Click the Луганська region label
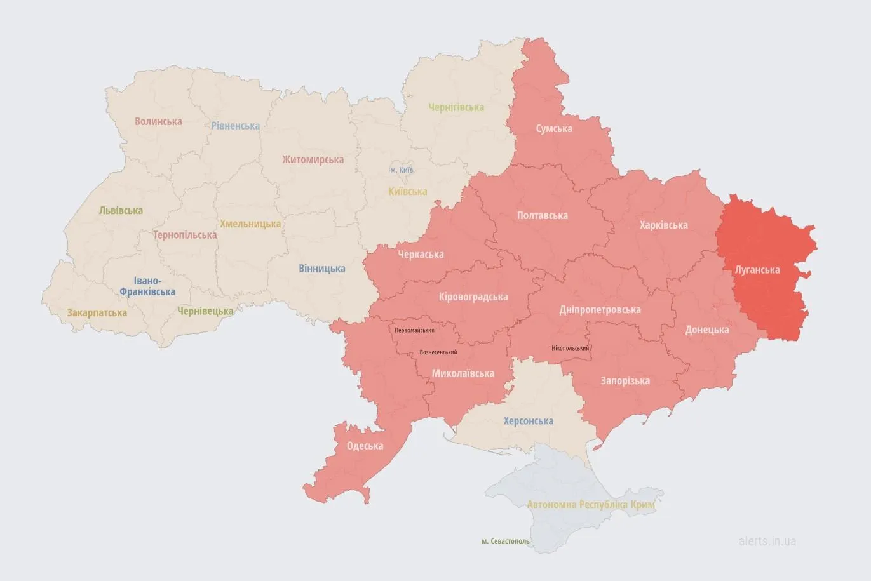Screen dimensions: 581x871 757,269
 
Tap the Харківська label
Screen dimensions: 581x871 663,225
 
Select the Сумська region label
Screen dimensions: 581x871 553,128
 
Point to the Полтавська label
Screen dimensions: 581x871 542,215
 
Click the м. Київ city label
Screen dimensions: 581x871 402,170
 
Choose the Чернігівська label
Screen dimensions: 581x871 456,107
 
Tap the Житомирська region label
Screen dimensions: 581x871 313,159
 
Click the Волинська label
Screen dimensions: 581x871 158,121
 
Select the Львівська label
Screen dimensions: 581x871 121,210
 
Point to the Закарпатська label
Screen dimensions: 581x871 97,312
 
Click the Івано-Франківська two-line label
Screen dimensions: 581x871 147,286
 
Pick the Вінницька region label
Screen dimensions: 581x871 321,268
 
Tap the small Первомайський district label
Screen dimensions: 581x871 414,330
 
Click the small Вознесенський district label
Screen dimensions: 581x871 438,352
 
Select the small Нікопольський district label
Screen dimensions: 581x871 570,348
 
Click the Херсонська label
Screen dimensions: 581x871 528,420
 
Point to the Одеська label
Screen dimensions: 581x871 365,446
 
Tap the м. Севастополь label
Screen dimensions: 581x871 505,541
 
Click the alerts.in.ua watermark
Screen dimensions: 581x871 767,541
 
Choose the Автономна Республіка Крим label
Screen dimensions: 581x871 590,504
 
